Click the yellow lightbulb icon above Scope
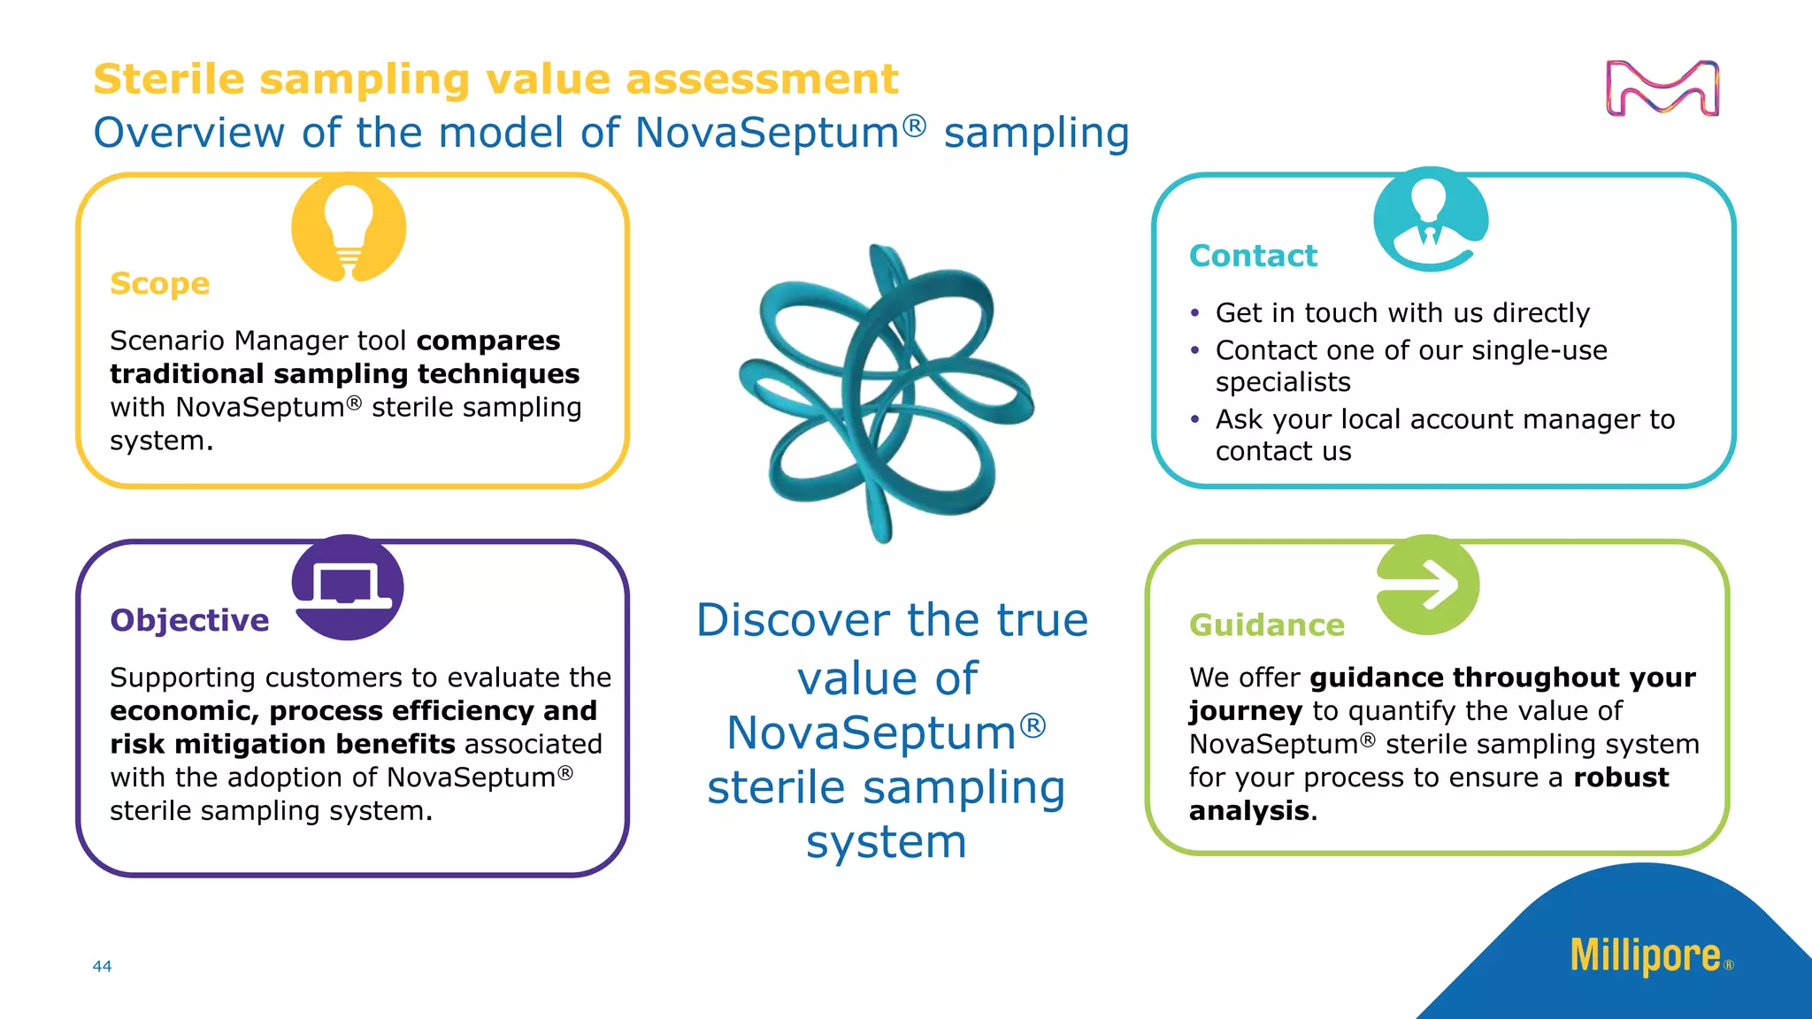coord(349,228)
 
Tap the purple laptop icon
coord(348,587)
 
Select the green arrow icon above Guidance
coord(1428,585)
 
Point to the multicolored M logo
coord(1662,88)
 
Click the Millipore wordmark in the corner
coord(1645,956)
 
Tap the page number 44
coord(102,967)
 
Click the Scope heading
coord(160,284)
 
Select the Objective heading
coord(189,620)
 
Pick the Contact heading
coord(1253,256)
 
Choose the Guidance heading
coord(1266,625)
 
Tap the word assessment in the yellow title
coord(762,80)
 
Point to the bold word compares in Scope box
coord(488,341)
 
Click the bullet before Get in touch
coord(1195,314)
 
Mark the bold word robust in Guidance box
coord(1620,778)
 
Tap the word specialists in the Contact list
coord(1283,383)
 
